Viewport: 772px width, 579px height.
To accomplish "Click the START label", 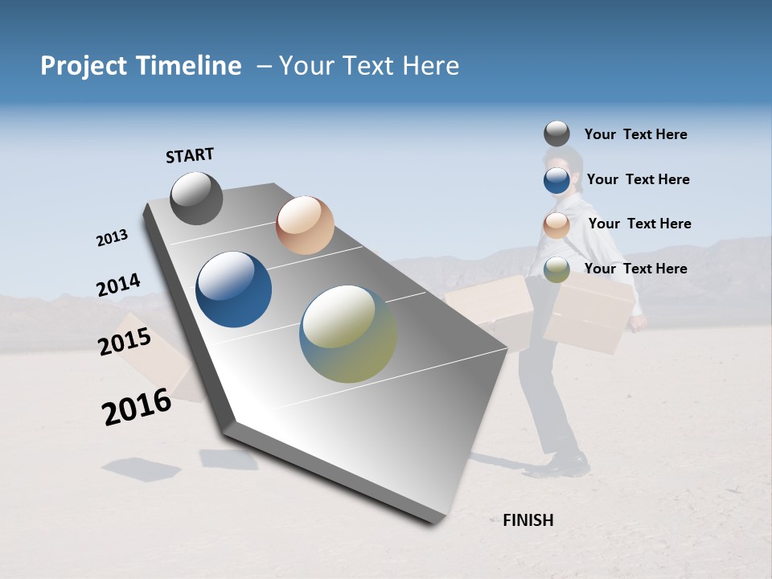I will pos(190,155).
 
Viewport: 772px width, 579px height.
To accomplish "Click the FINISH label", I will pos(528,520).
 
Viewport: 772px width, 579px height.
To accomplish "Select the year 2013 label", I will pos(112,238).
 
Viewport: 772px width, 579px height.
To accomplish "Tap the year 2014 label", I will pos(118,285).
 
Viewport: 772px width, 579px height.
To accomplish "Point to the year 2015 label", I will pos(125,342).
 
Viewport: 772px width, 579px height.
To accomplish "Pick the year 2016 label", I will pos(137,407).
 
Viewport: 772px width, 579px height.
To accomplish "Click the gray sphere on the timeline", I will pos(196,198).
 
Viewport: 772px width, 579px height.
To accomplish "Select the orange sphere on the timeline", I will pos(305,225).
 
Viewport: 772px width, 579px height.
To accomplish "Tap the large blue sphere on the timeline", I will pos(234,289).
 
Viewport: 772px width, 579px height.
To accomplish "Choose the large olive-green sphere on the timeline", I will pos(348,334).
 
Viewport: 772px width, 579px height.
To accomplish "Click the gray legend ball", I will pos(556,133).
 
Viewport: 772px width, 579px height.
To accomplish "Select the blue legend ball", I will pos(556,180).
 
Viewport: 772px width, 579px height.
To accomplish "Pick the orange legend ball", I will pos(556,226).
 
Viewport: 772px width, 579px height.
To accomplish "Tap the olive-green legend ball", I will pos(556,270).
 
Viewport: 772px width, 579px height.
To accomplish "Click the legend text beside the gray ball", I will pos(635,134).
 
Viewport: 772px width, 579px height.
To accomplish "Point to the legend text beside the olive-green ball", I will pos(635,269).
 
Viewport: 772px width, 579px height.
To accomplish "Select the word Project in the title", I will pos(83,66).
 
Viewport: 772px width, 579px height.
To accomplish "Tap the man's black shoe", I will pos(568,464).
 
